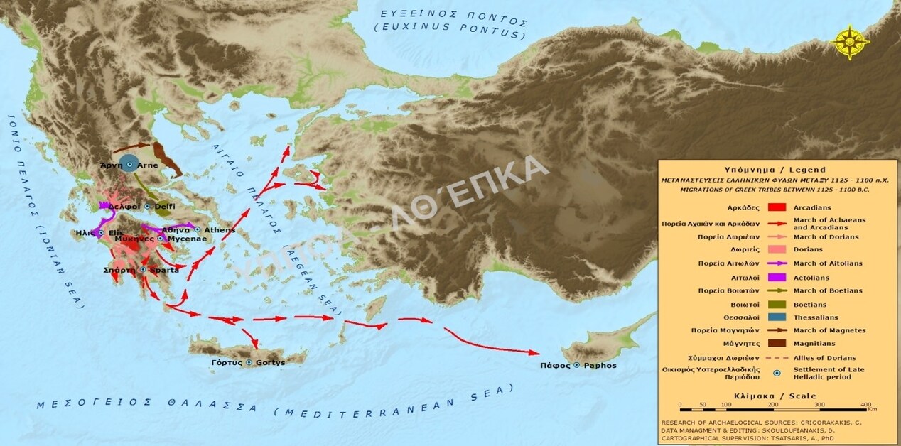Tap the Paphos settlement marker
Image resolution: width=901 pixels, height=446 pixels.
577,365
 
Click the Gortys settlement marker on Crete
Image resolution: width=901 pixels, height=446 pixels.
249,362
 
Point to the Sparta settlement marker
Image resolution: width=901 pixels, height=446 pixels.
143,270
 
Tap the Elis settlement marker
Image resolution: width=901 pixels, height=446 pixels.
101,232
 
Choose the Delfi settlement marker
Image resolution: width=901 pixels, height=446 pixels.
147,206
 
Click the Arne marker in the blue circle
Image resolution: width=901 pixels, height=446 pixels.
129,164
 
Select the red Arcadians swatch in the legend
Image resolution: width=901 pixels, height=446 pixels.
777,207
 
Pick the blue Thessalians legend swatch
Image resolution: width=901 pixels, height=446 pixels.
777,317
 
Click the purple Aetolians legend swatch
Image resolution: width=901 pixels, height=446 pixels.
777,277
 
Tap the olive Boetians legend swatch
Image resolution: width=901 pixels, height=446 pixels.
777,304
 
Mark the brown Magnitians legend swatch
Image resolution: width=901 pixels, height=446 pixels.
777,344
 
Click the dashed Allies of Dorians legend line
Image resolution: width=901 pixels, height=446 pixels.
777,357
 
